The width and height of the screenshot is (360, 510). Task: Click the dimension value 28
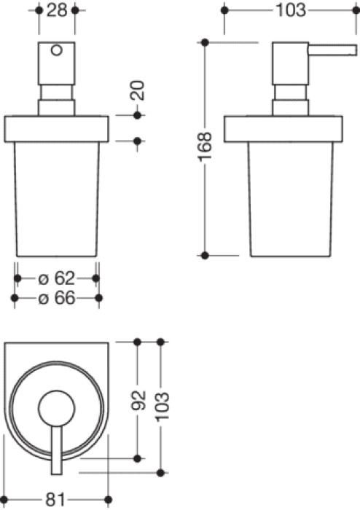(57, 10)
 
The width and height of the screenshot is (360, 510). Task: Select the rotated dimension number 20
(137, 90)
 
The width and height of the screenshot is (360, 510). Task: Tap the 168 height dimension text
(205, 146)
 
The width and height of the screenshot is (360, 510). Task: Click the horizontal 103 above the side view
(291, 10)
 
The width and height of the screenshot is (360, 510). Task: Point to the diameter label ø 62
(57, 278)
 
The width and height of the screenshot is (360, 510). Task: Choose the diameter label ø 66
(57, 298)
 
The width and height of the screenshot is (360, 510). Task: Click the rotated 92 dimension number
(138, 401)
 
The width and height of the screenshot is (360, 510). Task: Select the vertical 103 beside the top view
(163, 407)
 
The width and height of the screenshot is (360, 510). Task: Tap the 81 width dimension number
(55, 500)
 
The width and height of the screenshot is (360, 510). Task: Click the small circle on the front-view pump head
(57, 50)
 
